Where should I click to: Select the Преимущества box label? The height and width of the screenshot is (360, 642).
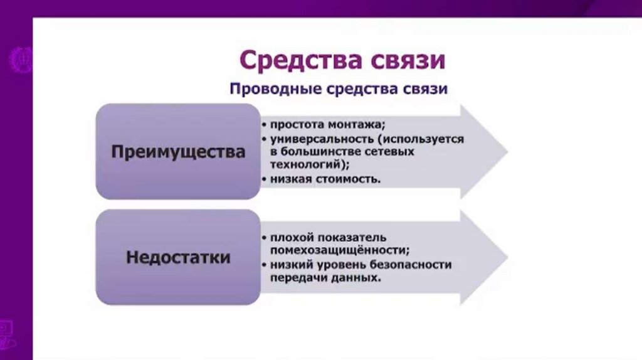point(178,152)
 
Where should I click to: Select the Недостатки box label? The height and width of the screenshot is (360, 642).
point(178,257)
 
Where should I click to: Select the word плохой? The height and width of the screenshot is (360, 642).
point(292,238)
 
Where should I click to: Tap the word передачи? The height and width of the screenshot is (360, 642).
point(297,277)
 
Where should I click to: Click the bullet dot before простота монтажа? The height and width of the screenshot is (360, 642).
point(265,124)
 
